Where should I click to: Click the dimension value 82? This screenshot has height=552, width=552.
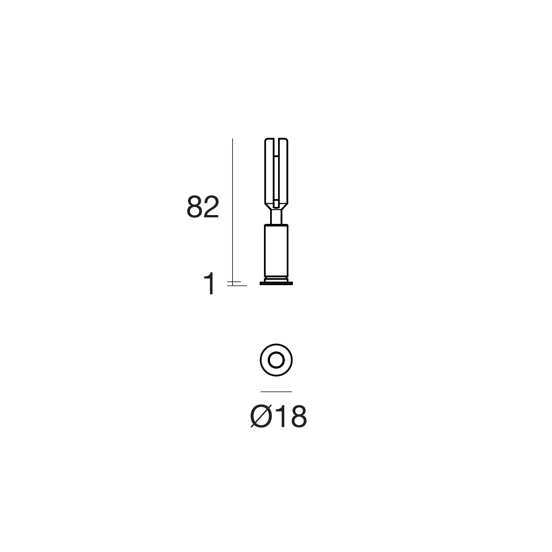click(203, 207)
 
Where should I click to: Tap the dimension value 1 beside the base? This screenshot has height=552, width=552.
click(210, 283)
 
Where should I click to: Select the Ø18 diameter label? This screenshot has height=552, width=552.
click(278, 416)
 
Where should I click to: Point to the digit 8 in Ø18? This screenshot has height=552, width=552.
click(297, 416)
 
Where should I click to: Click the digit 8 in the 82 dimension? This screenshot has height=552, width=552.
click(194, 207)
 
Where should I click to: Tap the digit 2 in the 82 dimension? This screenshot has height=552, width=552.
click(211, 207)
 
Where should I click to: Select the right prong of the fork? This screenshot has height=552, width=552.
click(284, 170)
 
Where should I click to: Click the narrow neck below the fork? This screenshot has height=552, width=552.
click(276, 217)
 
